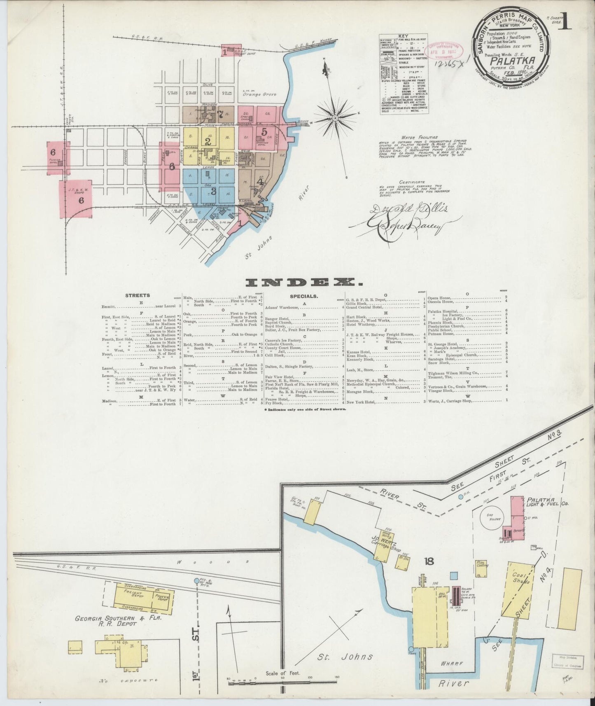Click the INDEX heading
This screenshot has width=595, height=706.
[x=304, y=282]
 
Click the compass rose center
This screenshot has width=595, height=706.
[x=335, y=118]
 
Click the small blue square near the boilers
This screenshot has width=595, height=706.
[x=454, y=575]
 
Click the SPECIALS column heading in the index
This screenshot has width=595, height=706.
[x=303, y=296]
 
